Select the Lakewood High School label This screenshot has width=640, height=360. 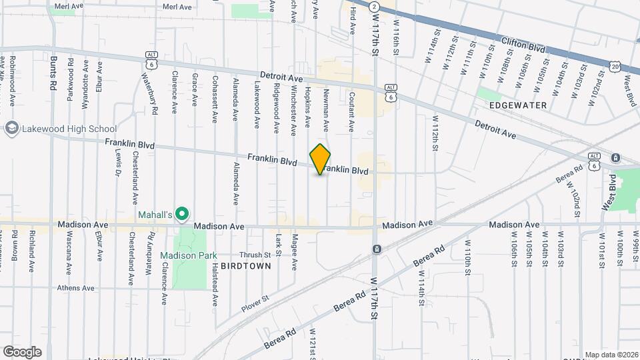(69, 129)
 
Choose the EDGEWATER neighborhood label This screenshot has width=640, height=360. (518, 105)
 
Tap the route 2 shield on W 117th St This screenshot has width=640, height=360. (375, 6)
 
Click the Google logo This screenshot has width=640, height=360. (22, 351)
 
